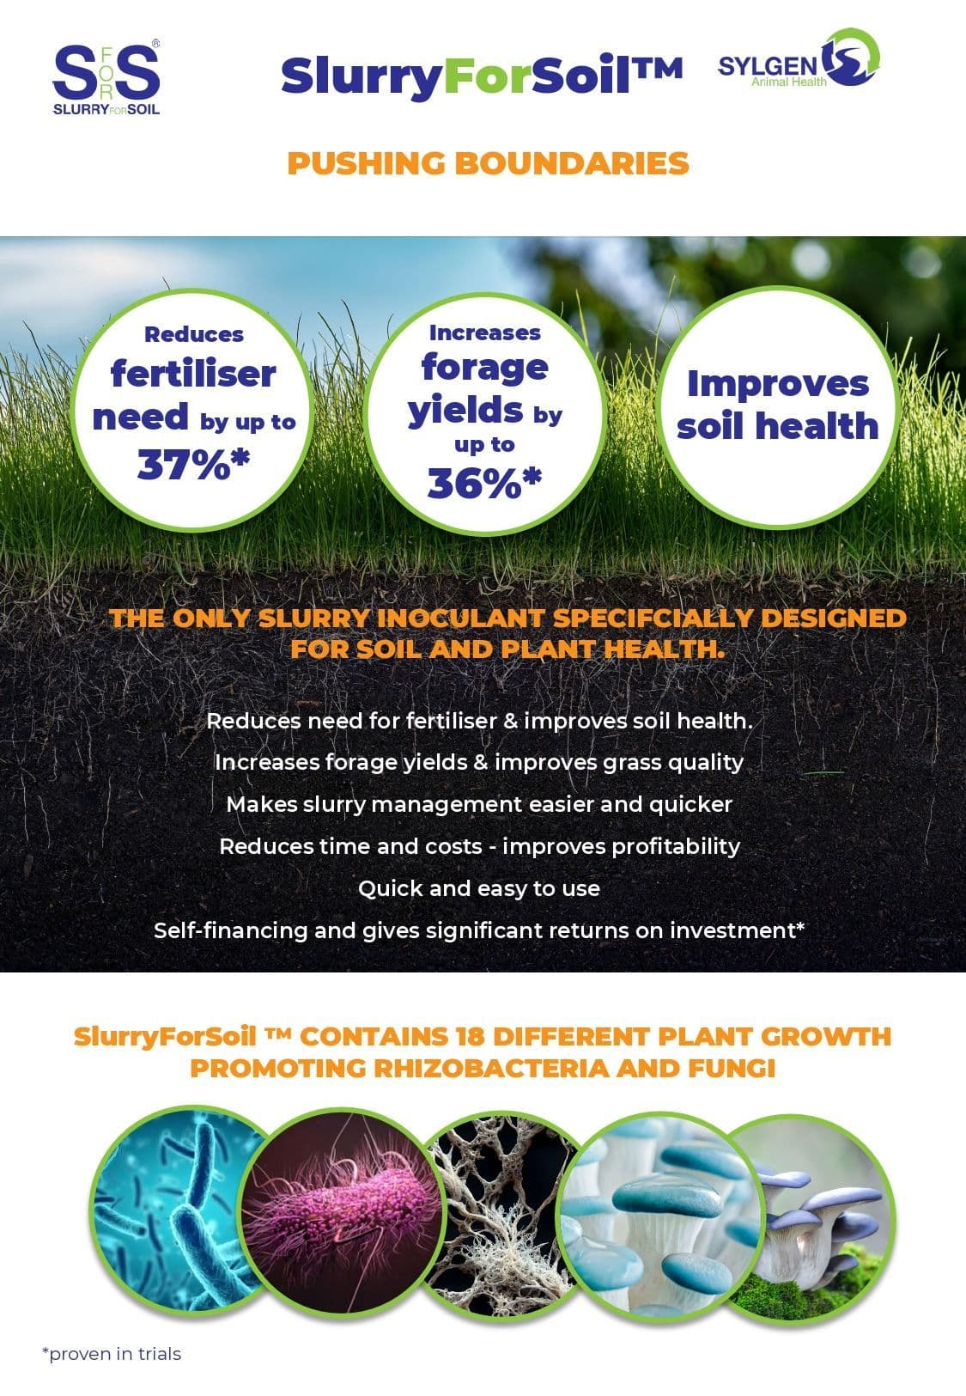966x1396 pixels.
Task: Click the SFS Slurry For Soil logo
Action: tap(106, 78)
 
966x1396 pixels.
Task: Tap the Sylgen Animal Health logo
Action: tap(799, 59)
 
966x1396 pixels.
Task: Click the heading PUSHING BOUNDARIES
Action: tap(488, 163)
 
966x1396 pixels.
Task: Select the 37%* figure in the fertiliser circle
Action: tap(194, 464)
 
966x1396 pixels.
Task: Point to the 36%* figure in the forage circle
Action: tap(484, 483)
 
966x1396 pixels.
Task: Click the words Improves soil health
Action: tap(777, 405)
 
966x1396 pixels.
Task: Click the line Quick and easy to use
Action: tap(479, 888)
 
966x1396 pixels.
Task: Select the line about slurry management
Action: tap(479, 804)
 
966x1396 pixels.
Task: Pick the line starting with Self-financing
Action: tap(479, 930)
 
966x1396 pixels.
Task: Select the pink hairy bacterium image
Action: tap(341, 1211)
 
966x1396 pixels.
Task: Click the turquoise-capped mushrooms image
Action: tap(661, 1216)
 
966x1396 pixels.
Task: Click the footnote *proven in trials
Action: tap(112, 1354)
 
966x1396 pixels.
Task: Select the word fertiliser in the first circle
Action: tap(193, 374)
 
